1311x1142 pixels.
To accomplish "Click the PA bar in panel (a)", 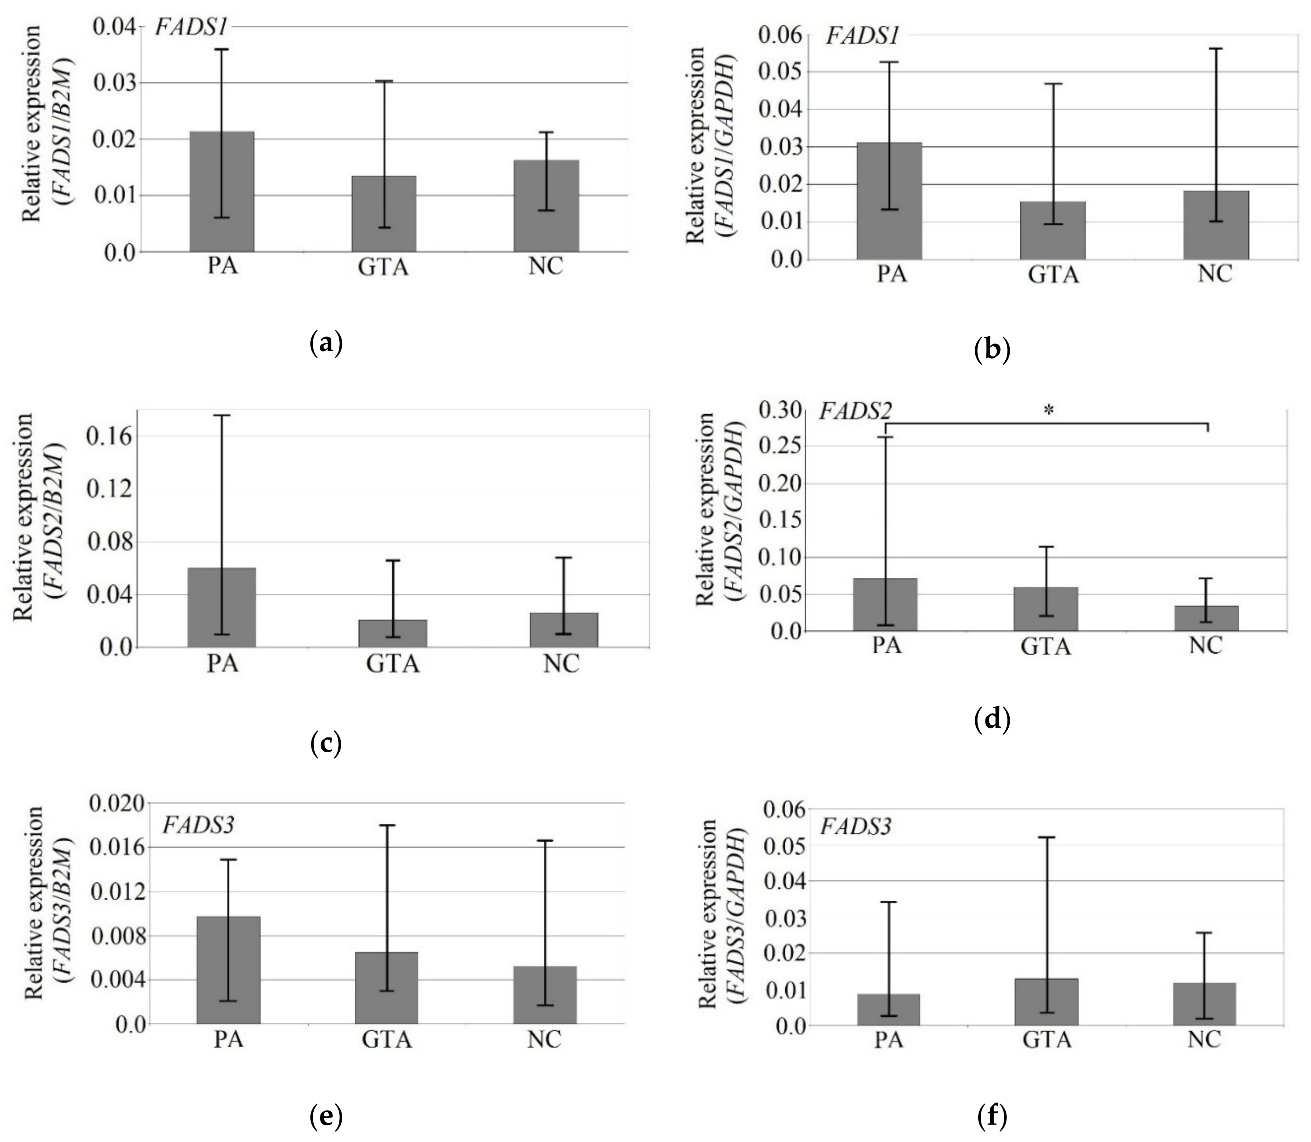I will coord(222,191).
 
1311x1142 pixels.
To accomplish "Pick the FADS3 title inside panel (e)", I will coord(198,825).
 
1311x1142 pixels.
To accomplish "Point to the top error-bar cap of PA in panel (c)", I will coord(222,415).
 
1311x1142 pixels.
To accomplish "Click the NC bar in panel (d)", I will coord(1206,618).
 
